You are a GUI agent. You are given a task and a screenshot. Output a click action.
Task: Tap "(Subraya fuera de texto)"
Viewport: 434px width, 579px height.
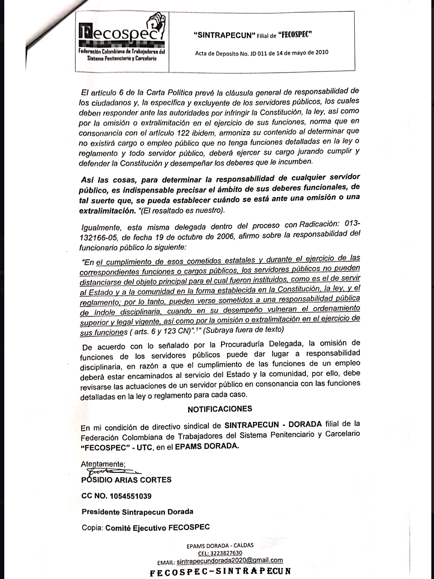[243, 330]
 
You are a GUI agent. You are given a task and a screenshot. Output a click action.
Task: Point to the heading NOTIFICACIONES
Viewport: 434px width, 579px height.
[220, 409]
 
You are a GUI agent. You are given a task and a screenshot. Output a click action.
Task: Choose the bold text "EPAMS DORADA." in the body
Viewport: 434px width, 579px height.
[207, 446]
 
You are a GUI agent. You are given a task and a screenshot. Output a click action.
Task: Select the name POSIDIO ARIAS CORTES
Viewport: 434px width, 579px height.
[126, 480]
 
